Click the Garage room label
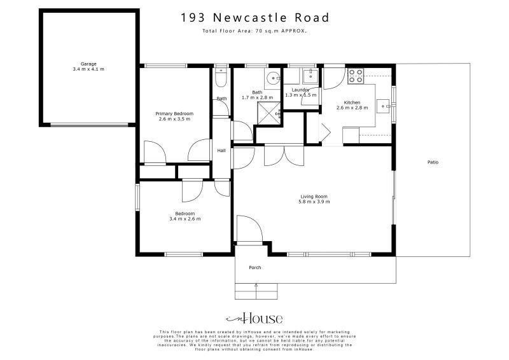(x=88, y=64)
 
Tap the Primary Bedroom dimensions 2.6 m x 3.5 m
(x=174, y=119)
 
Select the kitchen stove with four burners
(x=356, y=76)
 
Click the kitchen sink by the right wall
(x=384, y=106)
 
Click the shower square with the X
(x=270, y=113)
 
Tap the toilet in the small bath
(x=220, y=78)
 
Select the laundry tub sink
(x=311, y=77)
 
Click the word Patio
(x=433, y=162)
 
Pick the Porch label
(x=255, y=267)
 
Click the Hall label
(x=221, y=151)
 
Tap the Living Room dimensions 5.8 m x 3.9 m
(x=314, y=202)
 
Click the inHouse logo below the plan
(x=254, y=319)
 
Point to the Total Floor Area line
(x=254, y=31)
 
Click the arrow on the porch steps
(x=256, y=286)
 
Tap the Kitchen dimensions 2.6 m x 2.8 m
(x=352, y=108)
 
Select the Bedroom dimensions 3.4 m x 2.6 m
(x=185, y=219)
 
